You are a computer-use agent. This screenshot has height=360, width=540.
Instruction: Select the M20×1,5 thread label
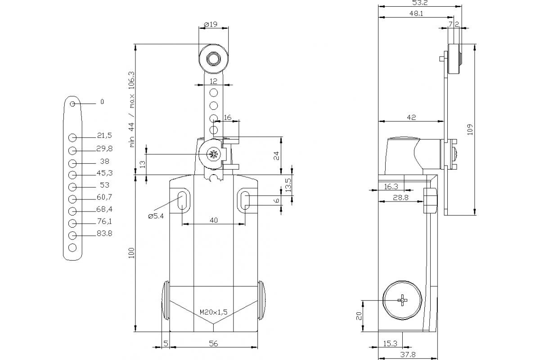[x=214, y=312]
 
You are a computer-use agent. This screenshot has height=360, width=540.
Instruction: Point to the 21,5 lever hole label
[x=104, y=135]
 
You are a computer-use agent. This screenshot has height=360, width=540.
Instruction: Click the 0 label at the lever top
[x=102, y=102]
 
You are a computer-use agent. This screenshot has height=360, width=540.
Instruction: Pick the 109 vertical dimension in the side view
[x=469, y=129]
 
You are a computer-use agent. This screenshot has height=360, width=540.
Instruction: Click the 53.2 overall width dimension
[x=419, y=3]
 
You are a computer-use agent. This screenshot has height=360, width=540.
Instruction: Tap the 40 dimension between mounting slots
[x=214, y=220]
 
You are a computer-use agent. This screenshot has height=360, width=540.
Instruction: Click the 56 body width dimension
[x=214, y=343]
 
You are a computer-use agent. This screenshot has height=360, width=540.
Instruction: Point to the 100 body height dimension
[x=131, y=254]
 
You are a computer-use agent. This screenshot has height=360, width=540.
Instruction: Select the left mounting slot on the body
[x=182, y=200]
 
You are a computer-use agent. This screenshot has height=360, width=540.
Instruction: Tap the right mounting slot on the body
[x=245, y=200]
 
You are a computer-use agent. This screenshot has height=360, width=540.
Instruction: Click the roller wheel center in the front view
[x=212, y=58]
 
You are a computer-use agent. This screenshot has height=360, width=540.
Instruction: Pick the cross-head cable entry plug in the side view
[x=403, y=300]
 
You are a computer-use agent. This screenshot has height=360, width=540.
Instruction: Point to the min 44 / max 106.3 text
[x=132, y=109]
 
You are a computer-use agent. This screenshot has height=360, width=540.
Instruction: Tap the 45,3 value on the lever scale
[x=104, y=173]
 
